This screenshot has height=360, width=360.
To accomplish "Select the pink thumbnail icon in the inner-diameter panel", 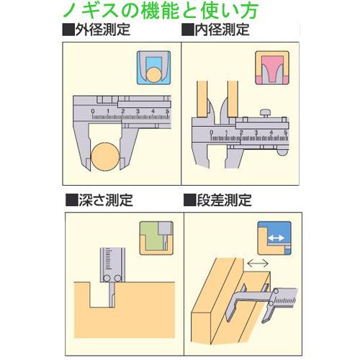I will click(271, 69).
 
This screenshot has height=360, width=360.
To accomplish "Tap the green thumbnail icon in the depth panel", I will click(156, 238).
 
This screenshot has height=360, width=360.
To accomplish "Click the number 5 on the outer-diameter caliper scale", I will click(167, 111).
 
